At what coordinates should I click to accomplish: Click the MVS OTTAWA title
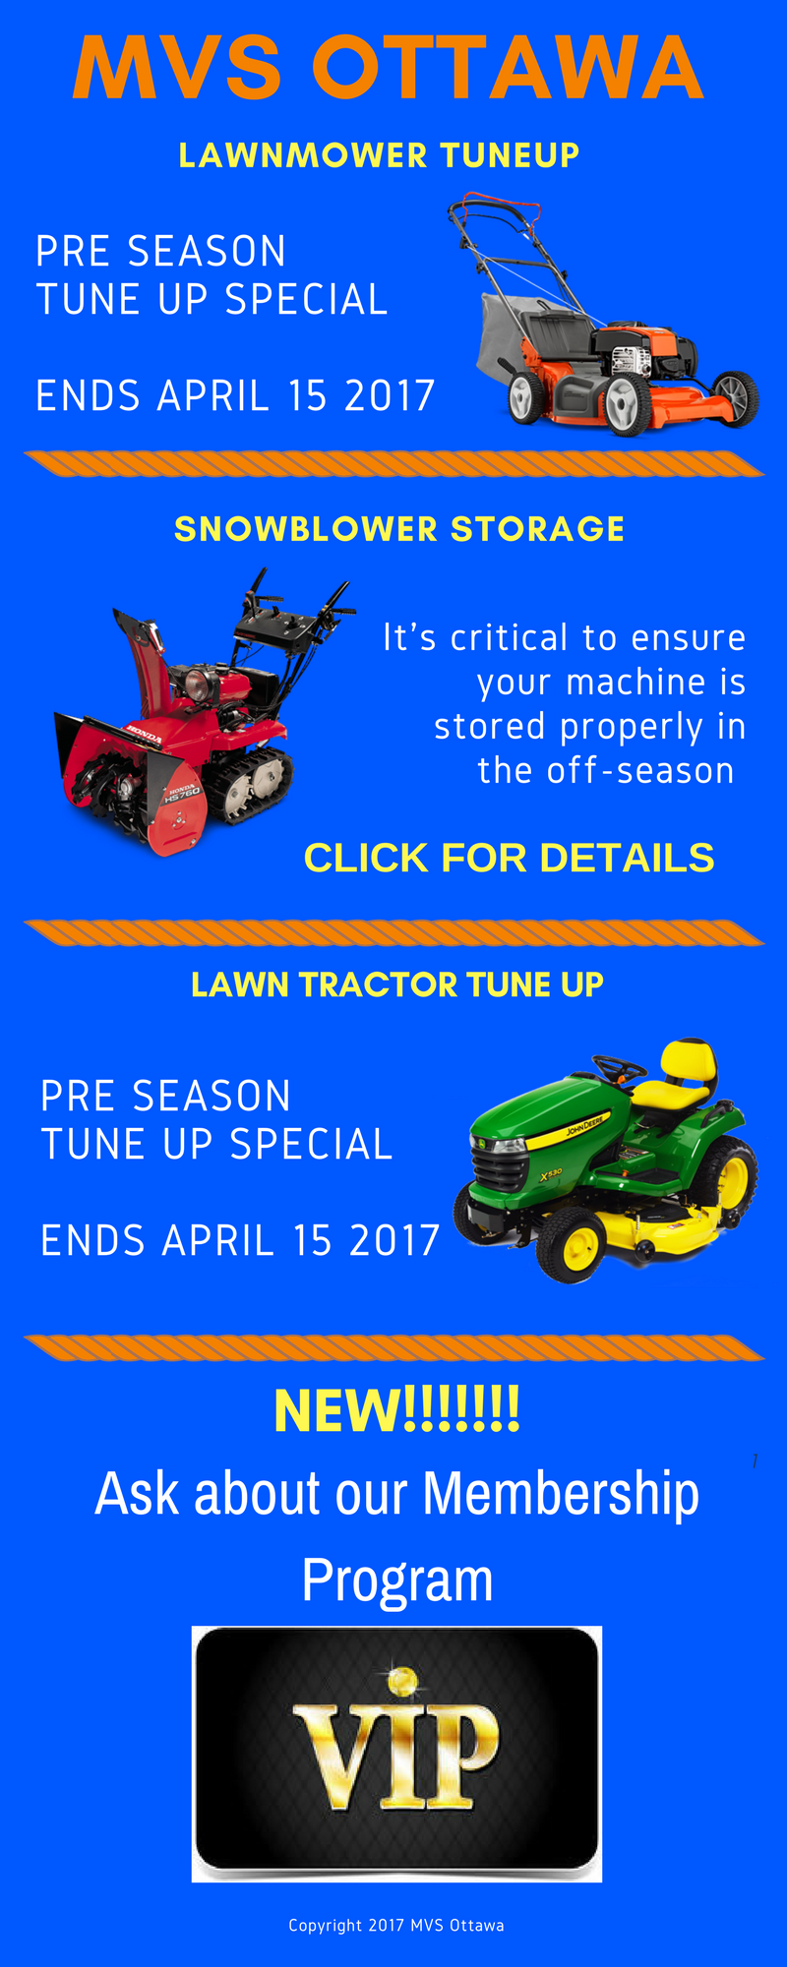[x=388, y=67]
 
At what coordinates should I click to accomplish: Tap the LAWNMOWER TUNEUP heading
[x=379, y=155]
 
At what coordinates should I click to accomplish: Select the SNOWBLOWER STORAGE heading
[x=399, y=529]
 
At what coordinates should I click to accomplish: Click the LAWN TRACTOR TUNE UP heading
[x=397, y=984]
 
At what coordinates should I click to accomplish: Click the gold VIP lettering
[x=396, y=1757]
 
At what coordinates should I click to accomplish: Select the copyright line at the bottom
[x=396, y=1925]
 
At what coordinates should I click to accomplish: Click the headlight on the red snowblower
[x=197, y=684]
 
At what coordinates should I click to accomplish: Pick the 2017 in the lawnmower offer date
[x=390, y=396]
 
